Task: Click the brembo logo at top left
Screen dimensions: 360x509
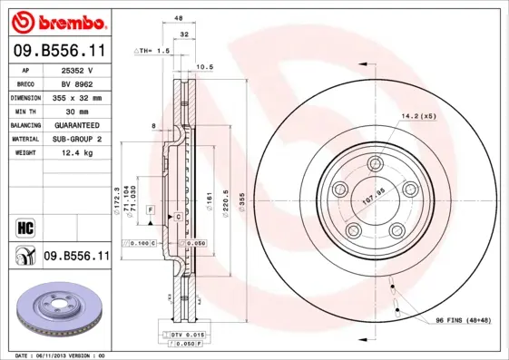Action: (56, 20)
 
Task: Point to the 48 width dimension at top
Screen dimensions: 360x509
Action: (179, 17)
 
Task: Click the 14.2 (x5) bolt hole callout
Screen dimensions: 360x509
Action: (419, 115)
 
